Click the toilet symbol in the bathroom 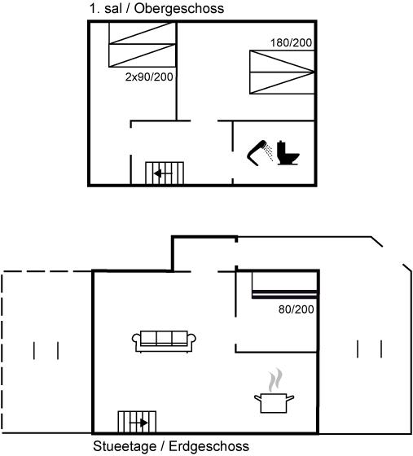coord(288,153)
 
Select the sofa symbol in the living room coord(164,341)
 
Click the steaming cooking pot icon coord(275,391)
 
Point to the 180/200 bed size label coord(291,43)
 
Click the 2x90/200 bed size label coord(149,77)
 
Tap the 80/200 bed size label coord(296,309)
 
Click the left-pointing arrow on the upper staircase coord(163,174)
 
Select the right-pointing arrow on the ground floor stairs coord(138,423)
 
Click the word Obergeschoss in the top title coord(179,8)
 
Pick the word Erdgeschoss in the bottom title coord(209,446)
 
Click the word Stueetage coord(125,446)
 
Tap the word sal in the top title coord(113,8)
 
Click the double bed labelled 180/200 coord(282,72)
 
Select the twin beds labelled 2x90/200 coord(143,45)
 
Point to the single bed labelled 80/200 coord(284,285)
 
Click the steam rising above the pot coord(275,380)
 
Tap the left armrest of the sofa coord(136,342)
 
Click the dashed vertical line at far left coord(2,353)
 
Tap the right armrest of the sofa coord(191,342)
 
